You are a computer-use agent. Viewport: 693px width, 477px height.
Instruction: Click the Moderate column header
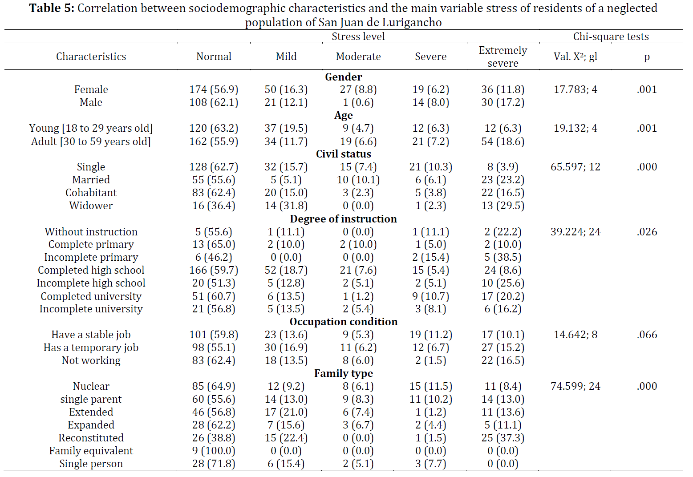click(358, 57)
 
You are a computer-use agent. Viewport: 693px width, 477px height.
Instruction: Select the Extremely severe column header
click(503, 57)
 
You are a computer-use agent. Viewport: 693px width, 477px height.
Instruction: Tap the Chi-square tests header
click(611, 36)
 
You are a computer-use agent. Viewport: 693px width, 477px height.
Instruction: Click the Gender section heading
click(344, 77)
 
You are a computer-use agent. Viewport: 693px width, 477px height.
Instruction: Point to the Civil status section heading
click(344, 154)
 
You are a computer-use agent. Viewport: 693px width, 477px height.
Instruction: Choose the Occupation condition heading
click(344, 322)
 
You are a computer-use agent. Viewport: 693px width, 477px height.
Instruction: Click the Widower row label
click(91, 206)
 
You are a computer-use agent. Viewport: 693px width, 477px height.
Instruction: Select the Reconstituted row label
click(91, 438)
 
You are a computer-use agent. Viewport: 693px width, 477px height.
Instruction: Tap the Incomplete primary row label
click(91, 257)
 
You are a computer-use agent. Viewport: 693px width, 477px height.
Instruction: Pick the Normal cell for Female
click(214, 89)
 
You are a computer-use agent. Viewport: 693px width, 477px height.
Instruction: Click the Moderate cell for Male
click(358, 102)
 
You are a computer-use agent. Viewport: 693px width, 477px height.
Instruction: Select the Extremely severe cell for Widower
click(503, 206)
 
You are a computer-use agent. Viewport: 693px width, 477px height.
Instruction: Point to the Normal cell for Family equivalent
click(214, 451)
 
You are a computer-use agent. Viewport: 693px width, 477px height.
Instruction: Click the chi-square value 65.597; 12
click(575, 167)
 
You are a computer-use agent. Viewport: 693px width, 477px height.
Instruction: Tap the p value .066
click(647, 335)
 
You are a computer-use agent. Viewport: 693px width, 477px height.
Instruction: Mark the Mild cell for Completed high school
click(286, 270)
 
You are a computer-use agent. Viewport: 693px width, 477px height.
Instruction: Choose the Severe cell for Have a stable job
click(431, 335)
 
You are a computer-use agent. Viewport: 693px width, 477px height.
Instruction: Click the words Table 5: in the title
click(52, 8)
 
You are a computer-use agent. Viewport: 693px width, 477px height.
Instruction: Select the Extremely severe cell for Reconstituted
click(503, 438)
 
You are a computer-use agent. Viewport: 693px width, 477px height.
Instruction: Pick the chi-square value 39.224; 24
click(575, 232)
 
